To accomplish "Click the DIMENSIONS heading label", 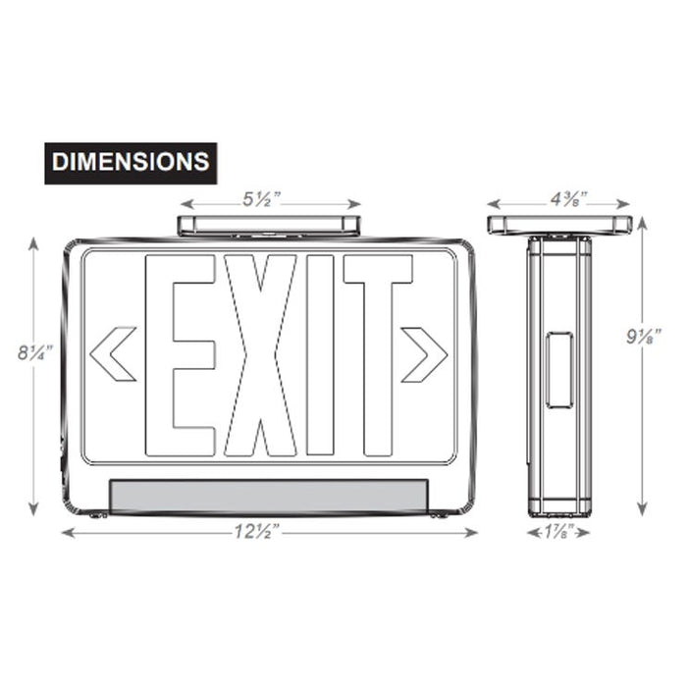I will pyautogui.click(x=131, y=162).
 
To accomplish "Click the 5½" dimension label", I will pyautogui.click(x=262, y=199).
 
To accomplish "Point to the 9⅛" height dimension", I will pyautogui.click(x=643, y=337).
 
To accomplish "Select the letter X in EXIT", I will pyautogui.click(x=259, y=355).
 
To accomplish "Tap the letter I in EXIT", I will pyautogui.click(x=321, y=355).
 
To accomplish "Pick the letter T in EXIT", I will pyautogui.click(x=377, y=355).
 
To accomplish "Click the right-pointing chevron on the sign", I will pyautogui.click(x=424, y=354).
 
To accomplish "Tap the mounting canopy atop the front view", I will pyautogui.click(x=268, y=225).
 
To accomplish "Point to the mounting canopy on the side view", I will pyautogui.click(x=558, y=224).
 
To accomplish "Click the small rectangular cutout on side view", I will pyautogui.click(x=558, y=369).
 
